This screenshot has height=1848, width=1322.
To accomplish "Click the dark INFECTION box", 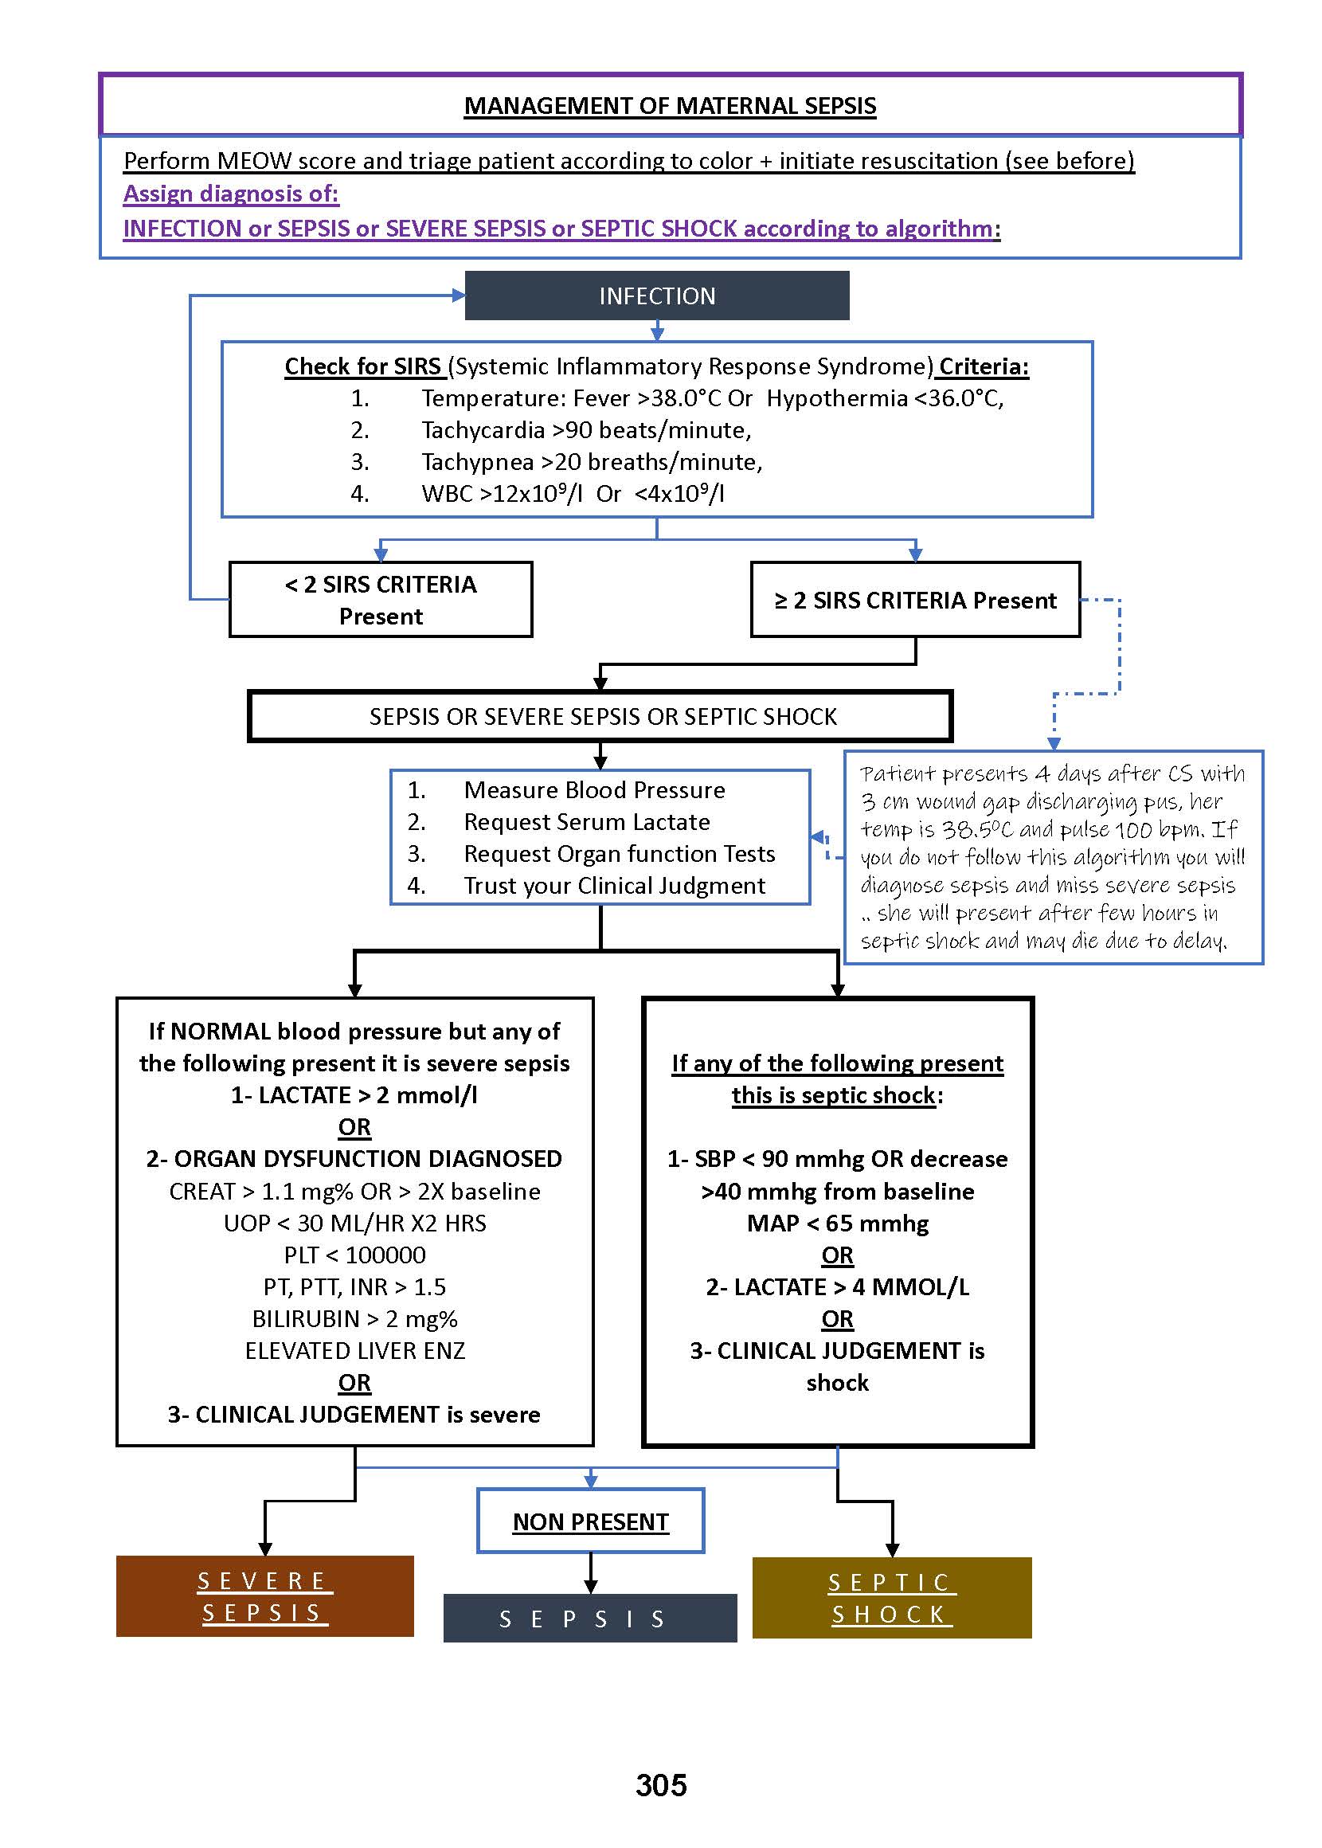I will pyautogui.click(x=657, y=296).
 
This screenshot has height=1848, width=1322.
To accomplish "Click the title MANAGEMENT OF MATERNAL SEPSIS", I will pyautogui.click(x=670, y=106).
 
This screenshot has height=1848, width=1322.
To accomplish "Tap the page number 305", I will pyautogui.click(x=661, y=1785).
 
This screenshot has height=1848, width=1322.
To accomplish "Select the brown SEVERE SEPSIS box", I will pyautogui.click(x=264, y=1596).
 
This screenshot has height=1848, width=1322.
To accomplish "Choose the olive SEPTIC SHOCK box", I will pyautogui.click(x=891, y=1598).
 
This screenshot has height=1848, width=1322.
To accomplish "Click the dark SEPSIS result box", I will pyautogui.click(x=589, y=1619).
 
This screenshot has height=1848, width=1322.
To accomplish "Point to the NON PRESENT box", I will pyautogui.click(x=590, y=1521).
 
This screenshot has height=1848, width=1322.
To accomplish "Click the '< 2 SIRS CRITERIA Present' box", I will pyautogui.click(x=381, y=600).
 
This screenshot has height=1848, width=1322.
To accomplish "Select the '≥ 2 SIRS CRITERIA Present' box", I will pyautogui.click(x=915, y=600).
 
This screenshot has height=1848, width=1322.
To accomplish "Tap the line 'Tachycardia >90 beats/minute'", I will pyautogui.click(x=586, y=430).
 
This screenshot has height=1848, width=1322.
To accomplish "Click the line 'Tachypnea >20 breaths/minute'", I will pyautogui.click(x=592, y=461).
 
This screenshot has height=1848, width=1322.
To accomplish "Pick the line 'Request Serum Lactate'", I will pyautogui.click(x=587, y=822).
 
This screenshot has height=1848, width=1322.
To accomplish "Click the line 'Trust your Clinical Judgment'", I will pyautogui.click(x=615, y=886).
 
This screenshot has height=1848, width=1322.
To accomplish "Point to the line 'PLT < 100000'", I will pyautogui.click(x=355, y=1255).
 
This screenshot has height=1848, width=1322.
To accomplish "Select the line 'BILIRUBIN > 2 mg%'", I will pyautogui.click(x=355, y=1319).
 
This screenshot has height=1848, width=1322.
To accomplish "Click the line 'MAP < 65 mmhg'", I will pyautogui.click(x=838, y=1224).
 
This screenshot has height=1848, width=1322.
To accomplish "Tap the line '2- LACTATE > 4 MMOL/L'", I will pyautogui.click(x=838, y=1287).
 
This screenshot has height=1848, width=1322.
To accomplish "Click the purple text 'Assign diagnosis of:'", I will pyautogui.click(x=231, y=194).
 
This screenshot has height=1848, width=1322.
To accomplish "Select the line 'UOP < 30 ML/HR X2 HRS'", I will pyautogui.click(x=355, y=1224).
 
